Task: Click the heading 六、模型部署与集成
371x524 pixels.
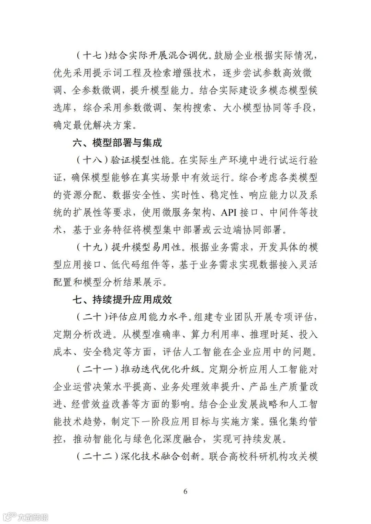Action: [x=117, y=142]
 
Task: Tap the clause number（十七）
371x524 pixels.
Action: [x=90, y=55]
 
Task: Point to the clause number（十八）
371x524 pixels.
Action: [x=90, y=160]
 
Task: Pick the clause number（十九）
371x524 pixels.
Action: [x=90, y=247]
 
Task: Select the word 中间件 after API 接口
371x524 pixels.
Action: [x=283, y=212]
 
